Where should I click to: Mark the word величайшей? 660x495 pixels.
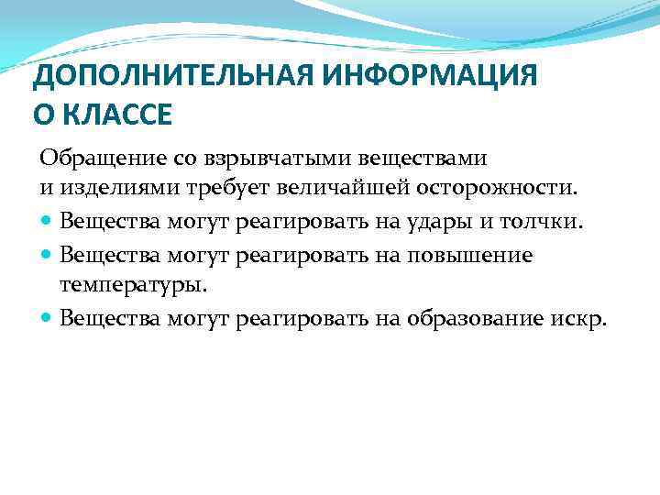pyautogui.click(x=307, y=188)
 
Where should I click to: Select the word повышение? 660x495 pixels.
pyautogui.click(x=480, y=254)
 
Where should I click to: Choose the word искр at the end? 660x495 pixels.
pyautogui.click(x=581, y=318)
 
